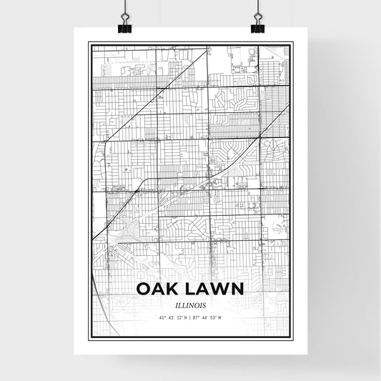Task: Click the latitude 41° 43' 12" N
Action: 172,317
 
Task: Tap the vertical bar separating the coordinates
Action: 190,317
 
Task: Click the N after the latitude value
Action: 185,317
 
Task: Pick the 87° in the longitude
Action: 197,317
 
